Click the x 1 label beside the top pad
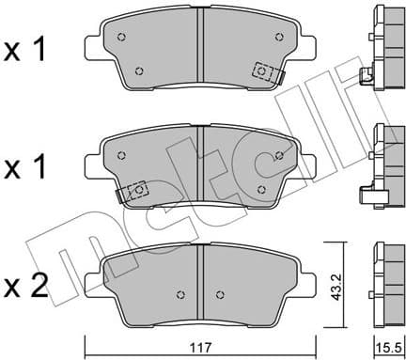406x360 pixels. pos(27,50)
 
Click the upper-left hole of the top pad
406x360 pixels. pos(121,39)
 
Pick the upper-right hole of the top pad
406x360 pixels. pos(278,37)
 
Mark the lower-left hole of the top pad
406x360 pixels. pos(140,70)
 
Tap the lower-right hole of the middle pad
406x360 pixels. pos(260,188)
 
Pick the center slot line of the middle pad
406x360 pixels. pos(200,166)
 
